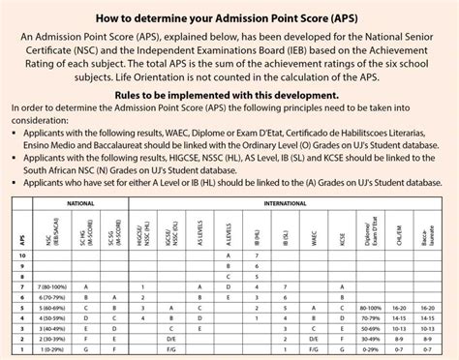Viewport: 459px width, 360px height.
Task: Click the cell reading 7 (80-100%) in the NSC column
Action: click(x=52, y=288)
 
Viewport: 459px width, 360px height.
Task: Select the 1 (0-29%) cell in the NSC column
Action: click(x=52, y=355)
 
